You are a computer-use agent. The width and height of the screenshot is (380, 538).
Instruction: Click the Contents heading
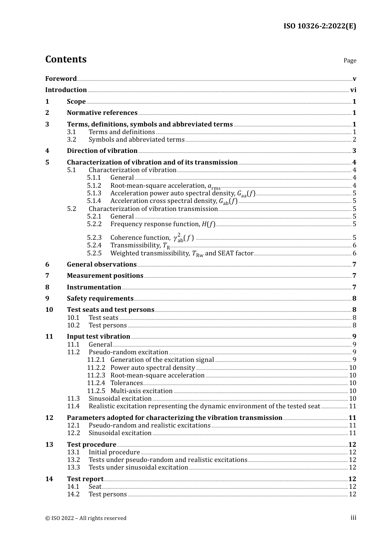click(66, 59)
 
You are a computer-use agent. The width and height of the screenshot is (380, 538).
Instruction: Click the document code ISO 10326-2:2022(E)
click(320, 26)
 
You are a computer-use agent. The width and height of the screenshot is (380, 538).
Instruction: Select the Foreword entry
click(61, 78)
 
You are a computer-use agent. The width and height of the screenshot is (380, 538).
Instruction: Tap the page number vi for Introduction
click(353, 90)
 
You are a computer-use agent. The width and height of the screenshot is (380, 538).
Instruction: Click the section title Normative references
click(102, 113)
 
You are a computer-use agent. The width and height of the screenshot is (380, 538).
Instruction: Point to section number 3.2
click(72, 140)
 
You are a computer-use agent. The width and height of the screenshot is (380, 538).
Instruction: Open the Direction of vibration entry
click(102, 151)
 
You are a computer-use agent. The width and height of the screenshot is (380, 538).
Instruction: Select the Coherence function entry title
click(140, 238)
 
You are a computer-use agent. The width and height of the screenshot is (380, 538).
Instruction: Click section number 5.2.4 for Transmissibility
click(94, 245)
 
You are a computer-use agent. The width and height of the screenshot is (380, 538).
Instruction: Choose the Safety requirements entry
click(100, 299)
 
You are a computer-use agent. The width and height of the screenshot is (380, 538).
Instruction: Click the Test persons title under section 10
click(108, 325)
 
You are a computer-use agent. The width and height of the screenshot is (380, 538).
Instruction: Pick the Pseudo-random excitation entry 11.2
click(128, 352)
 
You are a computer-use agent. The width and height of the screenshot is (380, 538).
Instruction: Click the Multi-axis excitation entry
click(142, 391)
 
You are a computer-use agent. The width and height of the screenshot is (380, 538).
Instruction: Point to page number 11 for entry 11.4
click(352, 406)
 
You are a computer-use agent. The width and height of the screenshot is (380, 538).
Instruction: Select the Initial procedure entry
click(114, 452)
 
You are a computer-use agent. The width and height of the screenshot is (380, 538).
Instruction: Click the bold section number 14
click(49, 479)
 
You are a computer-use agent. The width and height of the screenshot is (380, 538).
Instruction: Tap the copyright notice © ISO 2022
click(86, 518)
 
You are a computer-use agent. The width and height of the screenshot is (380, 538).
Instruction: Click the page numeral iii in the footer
click(353, 518)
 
